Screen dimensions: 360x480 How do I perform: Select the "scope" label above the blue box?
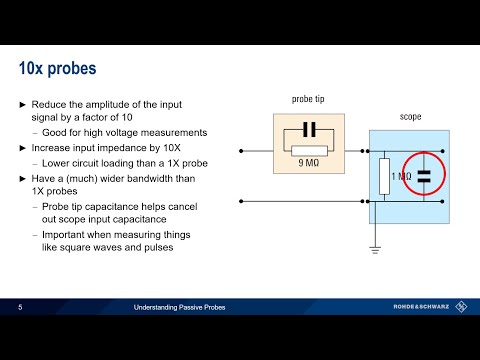tap(410, 117)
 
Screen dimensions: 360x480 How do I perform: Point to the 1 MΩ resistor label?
tap(400, 176)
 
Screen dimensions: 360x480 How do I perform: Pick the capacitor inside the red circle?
tap(423, 176)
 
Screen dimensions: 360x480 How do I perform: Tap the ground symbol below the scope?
tap(375, 246)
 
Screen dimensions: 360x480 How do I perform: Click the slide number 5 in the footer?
tap(20, 308)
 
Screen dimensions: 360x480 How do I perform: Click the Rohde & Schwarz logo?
tap(425, 308)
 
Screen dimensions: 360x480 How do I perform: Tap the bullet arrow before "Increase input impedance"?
tap(24, 147)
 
